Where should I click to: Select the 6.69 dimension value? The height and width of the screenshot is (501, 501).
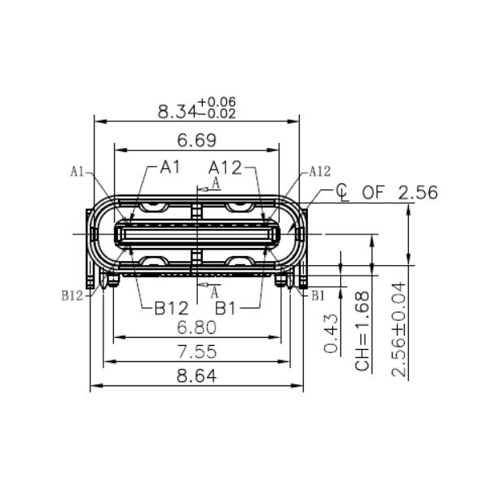(196, 141)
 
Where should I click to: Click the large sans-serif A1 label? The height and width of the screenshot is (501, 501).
(169, 167)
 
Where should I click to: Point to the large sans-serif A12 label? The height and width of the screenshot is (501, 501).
(225, 167)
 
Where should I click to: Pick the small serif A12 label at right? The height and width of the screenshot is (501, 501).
(320, 171)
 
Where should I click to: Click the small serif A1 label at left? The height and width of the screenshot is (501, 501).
(78, 171)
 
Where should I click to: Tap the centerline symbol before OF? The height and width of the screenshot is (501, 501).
(342, 192)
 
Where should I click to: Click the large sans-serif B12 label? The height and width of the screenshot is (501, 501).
(171, 308)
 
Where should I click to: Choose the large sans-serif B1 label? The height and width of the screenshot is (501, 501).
(225, 308)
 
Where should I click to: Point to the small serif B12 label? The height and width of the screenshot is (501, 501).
(72, 296)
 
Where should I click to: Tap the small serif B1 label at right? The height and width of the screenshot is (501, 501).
(318, 296)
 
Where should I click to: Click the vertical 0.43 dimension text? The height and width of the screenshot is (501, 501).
(330, 334)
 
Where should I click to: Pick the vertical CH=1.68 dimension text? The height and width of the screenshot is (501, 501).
(362, 331)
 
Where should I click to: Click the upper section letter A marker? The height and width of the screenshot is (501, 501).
(215, 183)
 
